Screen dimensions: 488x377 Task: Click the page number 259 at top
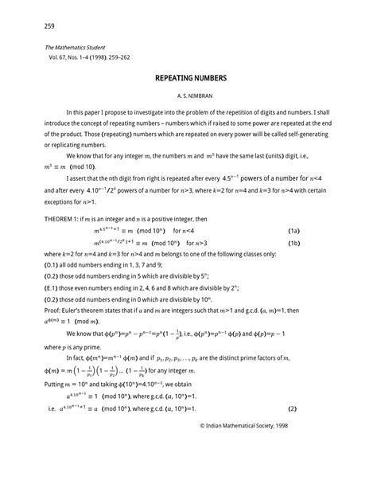38,26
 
